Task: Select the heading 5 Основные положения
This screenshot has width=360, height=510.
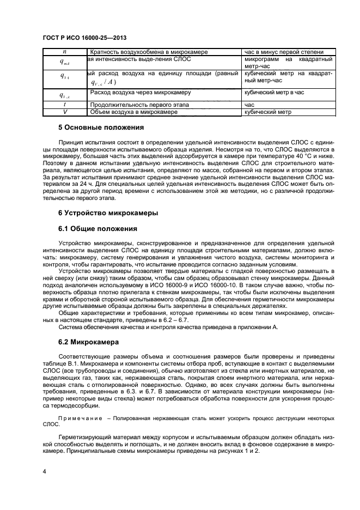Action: click(101, 128)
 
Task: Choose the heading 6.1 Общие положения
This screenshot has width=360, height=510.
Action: click(97, 228)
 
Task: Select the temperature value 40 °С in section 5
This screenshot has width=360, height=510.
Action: click(296, 156)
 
